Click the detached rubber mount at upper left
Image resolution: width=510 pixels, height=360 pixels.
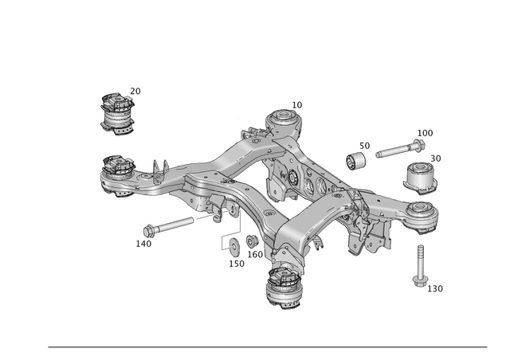tap(116, 113)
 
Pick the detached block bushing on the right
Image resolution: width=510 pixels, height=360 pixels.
tap(422, 177)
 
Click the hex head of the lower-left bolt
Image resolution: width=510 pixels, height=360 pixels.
tap(146, 233)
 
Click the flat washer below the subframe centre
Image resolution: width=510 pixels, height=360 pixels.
tap(232, 244)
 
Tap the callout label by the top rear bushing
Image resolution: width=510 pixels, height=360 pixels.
tap(296, 104)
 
